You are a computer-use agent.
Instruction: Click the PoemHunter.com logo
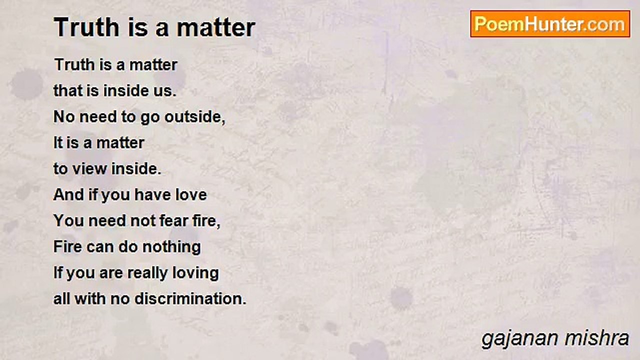coord(550,23)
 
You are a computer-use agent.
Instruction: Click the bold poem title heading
coord(154,27)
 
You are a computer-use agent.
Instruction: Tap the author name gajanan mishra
coord(555,338)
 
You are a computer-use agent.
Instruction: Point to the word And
coord(68,194)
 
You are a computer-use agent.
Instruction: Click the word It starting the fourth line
coord(58,143)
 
